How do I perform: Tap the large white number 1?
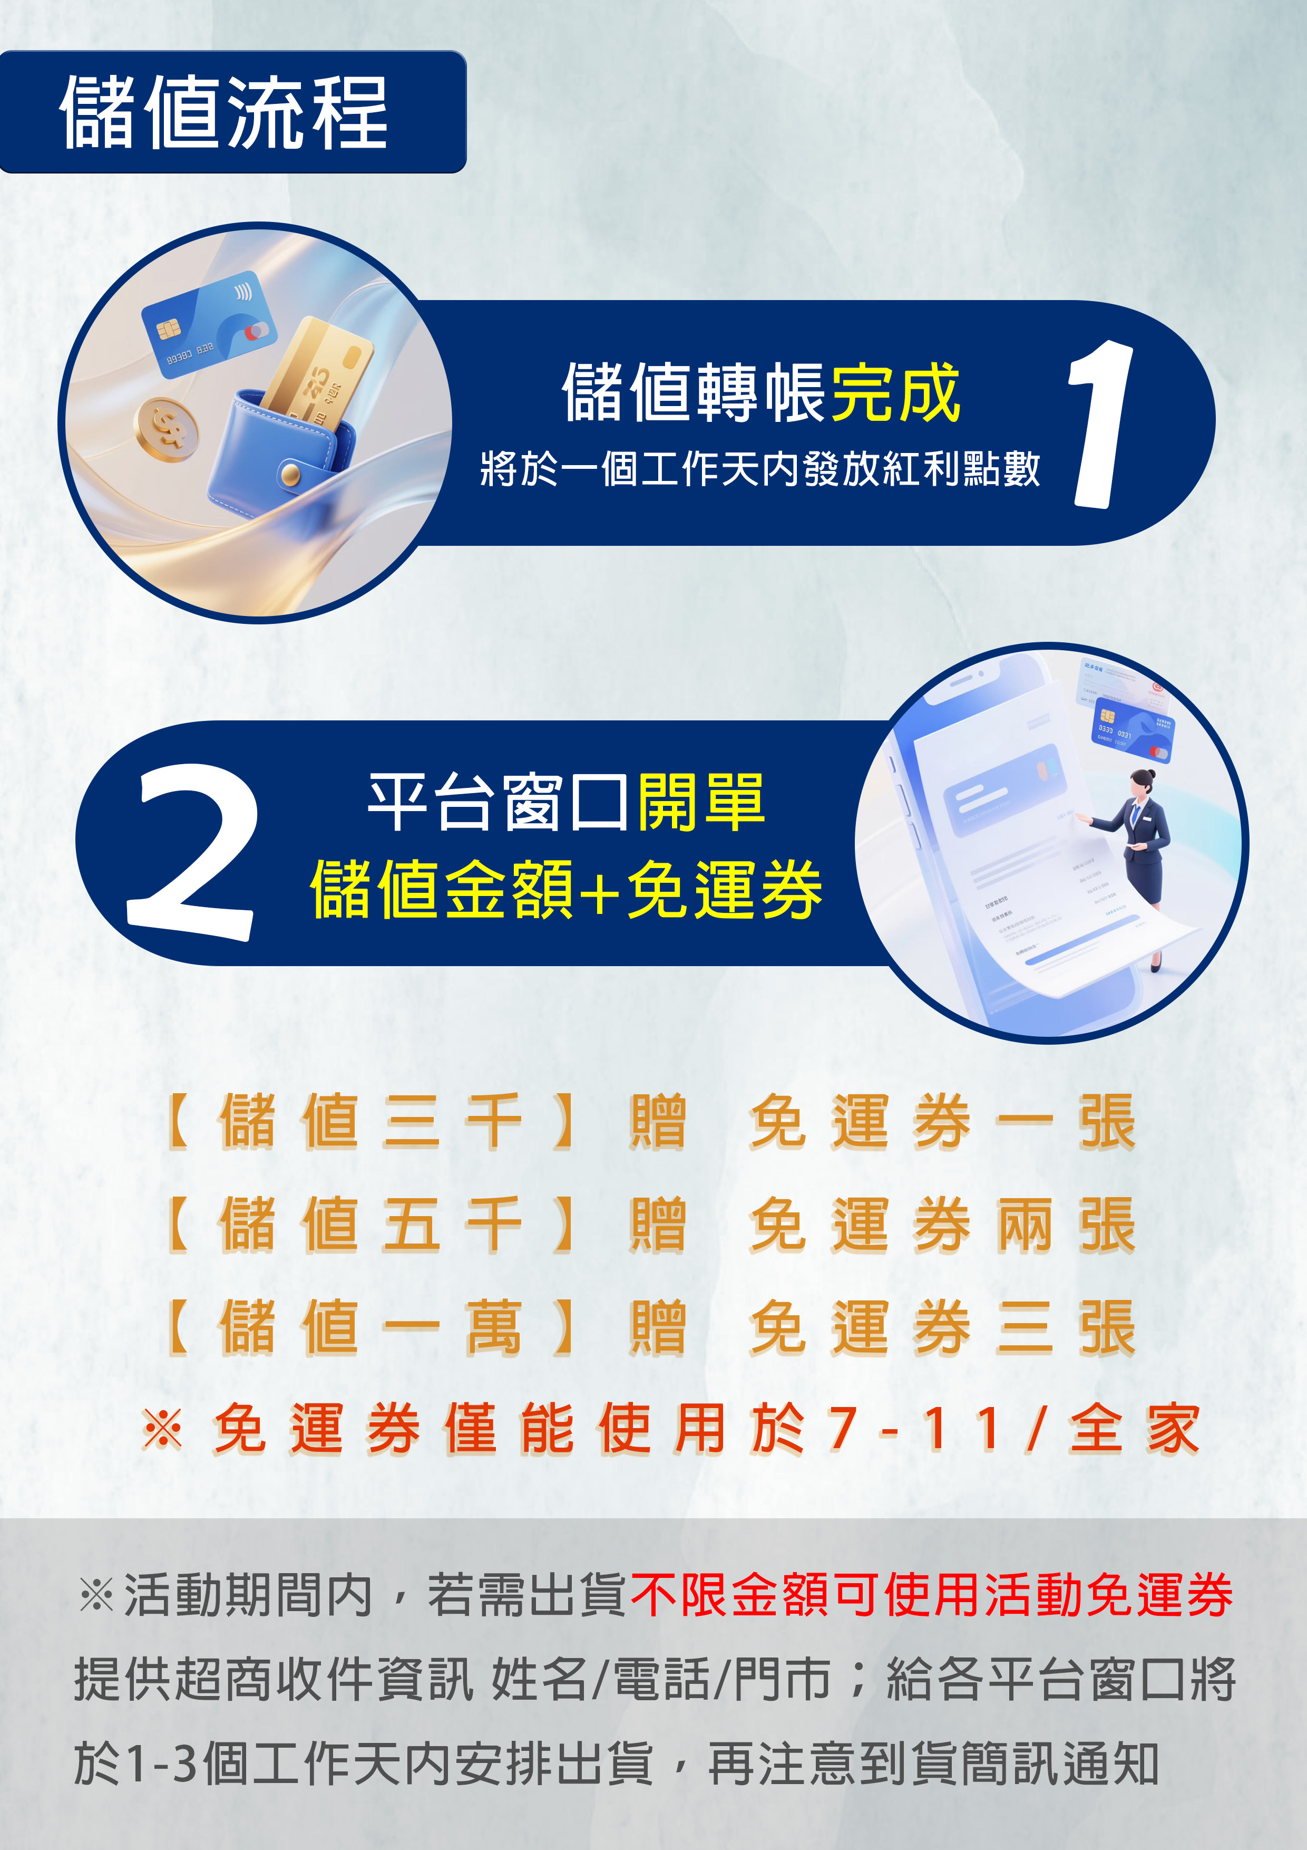pos(1101,425)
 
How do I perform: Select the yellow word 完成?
pos(895,393)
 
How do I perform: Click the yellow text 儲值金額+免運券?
pos(565,890)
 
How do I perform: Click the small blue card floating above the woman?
pos(1134,728)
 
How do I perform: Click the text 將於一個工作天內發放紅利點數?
pos(759,469)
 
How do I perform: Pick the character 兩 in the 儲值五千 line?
pos(1025,1224)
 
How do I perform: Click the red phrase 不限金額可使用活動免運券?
pos(931,1595)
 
